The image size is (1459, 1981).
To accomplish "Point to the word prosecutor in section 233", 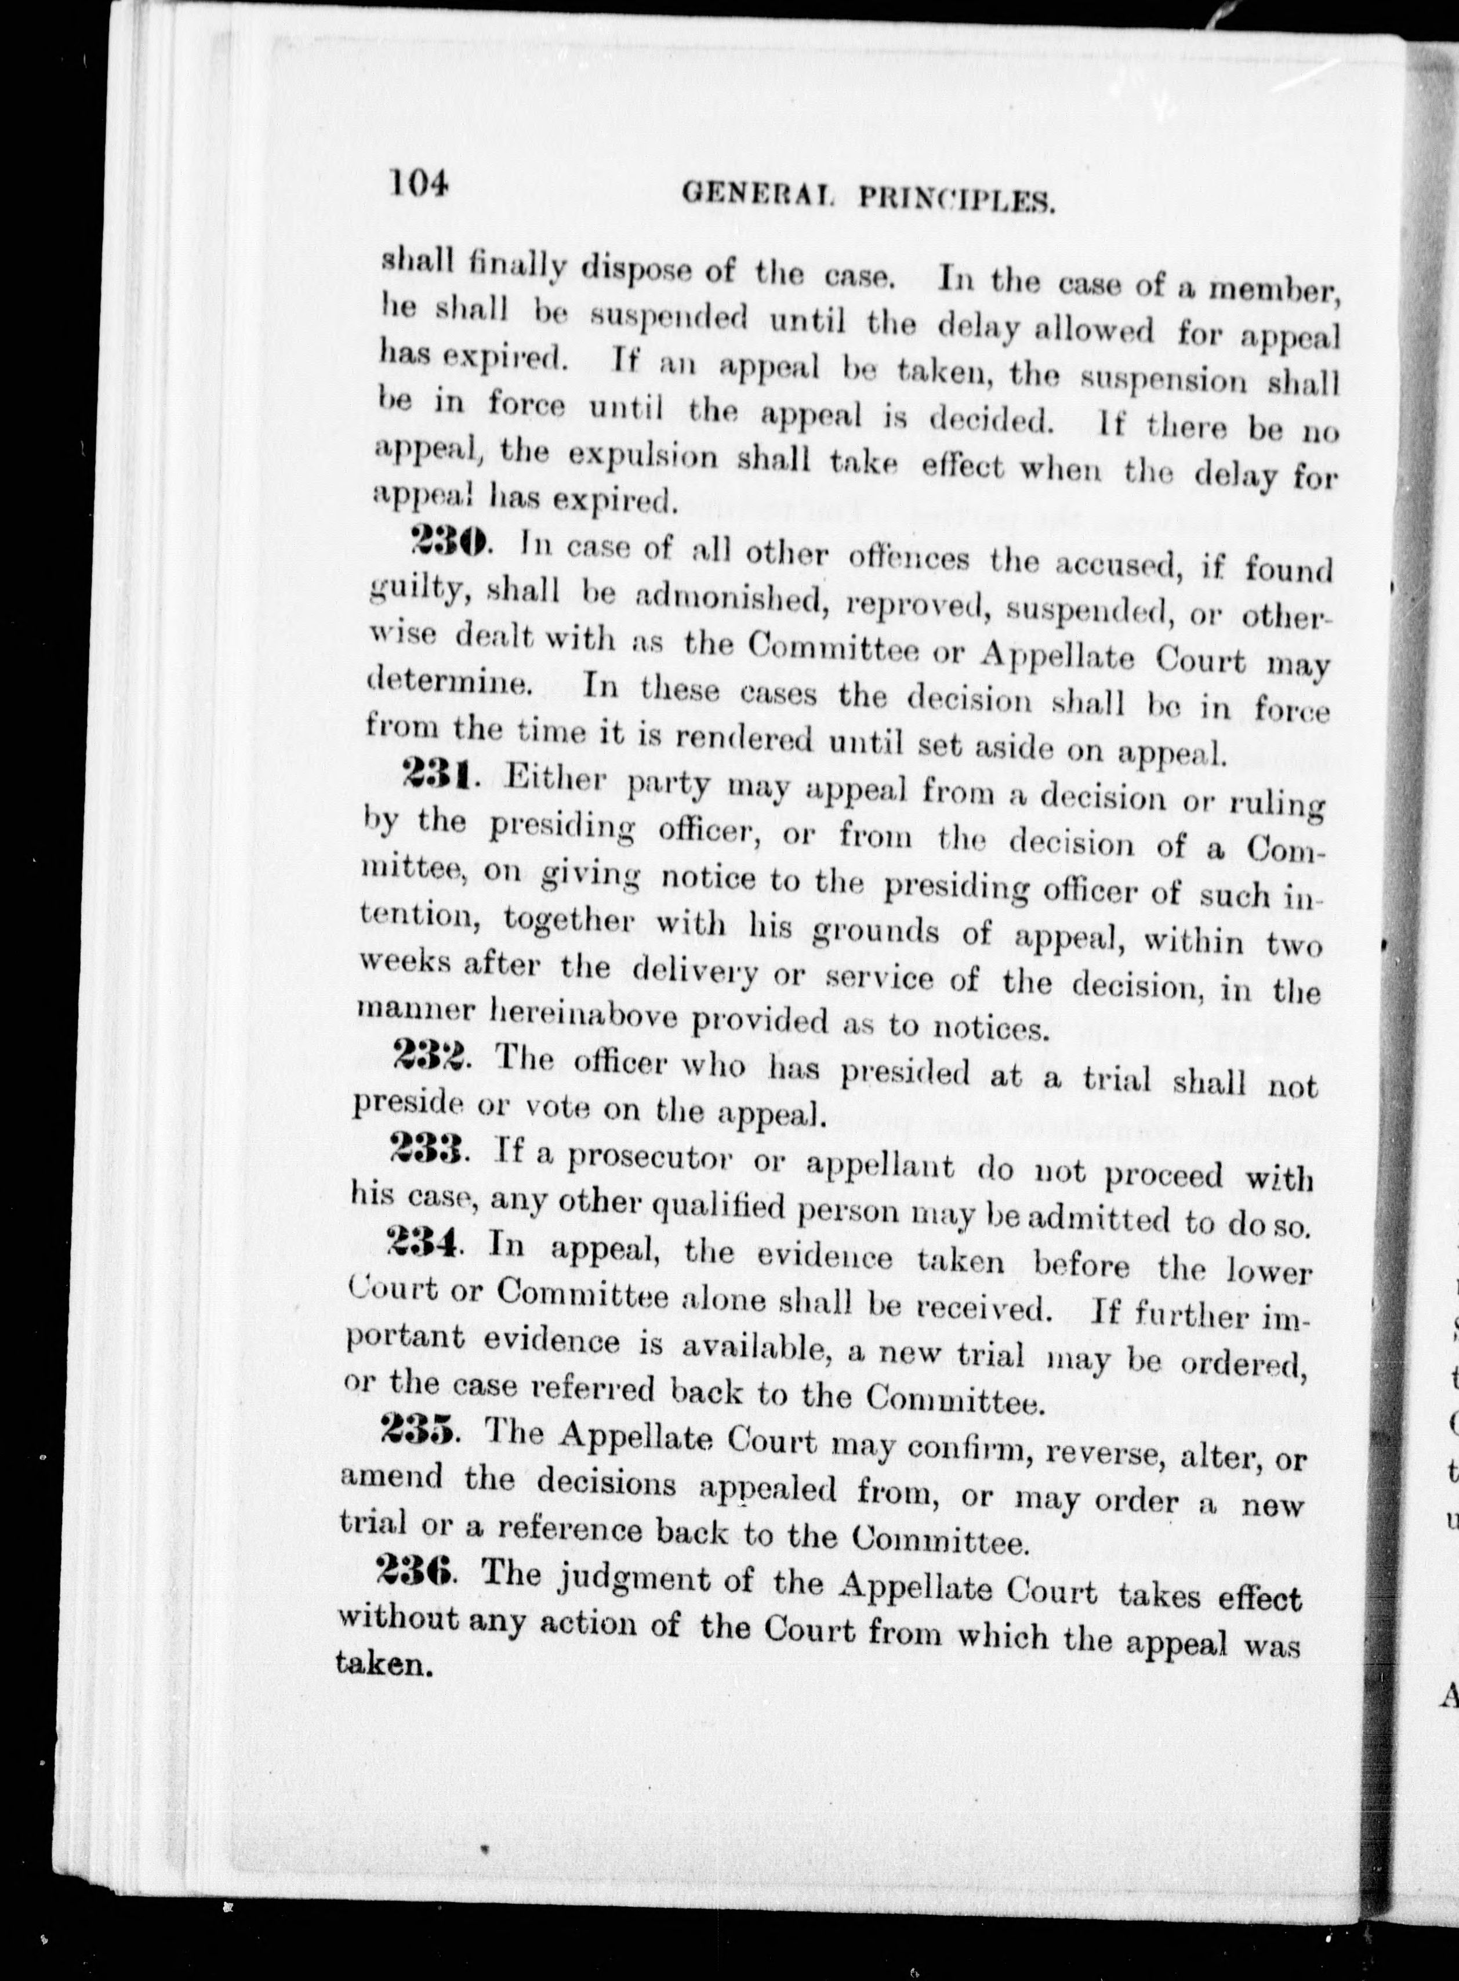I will [650, 1158].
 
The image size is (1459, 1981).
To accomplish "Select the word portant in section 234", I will [407, 1337].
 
